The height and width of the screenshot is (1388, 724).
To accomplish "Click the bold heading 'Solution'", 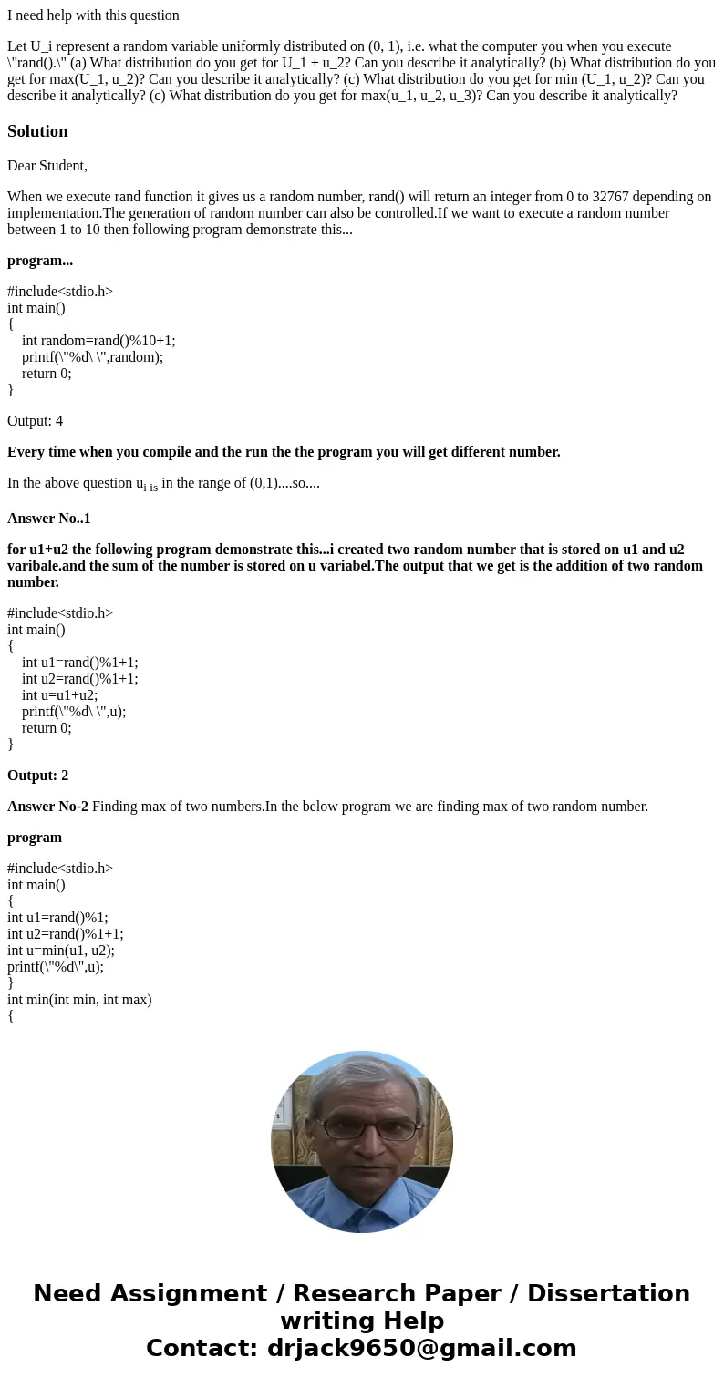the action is pos(37,131).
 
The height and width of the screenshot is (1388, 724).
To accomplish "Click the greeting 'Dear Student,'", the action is pos(47,166).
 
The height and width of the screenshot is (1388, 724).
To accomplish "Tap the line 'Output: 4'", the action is pos(35,421).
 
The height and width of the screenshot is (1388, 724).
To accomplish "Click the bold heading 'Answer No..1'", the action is pos(49,519).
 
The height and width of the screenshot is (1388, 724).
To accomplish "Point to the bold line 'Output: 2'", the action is pos(38,776).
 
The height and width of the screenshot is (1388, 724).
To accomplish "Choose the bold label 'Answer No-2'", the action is pos(47,807).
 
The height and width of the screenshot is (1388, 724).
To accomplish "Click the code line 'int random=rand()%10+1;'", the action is pos(98,341).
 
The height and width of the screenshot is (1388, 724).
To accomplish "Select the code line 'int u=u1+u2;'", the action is pos(60,695).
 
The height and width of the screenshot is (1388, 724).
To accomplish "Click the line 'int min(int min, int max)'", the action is pos(79,1000).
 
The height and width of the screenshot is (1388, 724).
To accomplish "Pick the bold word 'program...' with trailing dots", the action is pos(40,261).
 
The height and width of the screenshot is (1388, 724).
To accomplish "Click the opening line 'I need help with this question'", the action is pos(93,15).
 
